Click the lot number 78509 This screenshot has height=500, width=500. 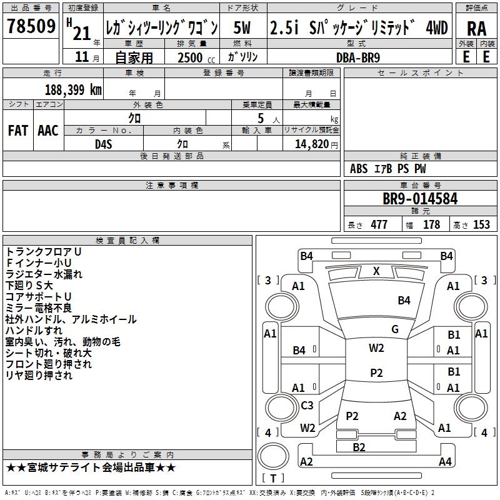coord(30,28)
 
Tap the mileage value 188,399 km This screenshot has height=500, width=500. coord(73,89)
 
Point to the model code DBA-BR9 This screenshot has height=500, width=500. coord(357,56)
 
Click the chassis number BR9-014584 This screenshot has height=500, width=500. coord(420,199)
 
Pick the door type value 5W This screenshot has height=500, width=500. coord(242,28)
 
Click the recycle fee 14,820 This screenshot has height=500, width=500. coord(310,144)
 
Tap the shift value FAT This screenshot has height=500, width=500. coord(17,130)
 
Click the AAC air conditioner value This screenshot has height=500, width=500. coord(48,130)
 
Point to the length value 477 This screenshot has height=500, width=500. coord(379,224)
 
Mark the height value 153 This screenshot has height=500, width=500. coord(481,224)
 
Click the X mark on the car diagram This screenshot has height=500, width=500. coord(376,271)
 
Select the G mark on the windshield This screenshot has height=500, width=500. coord(394,329)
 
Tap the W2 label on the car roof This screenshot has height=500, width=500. coord(376,348)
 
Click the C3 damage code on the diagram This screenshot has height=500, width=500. coord(307,405)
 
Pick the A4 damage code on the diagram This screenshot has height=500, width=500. coord(445,462)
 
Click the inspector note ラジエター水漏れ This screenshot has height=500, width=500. coord(44,274)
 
